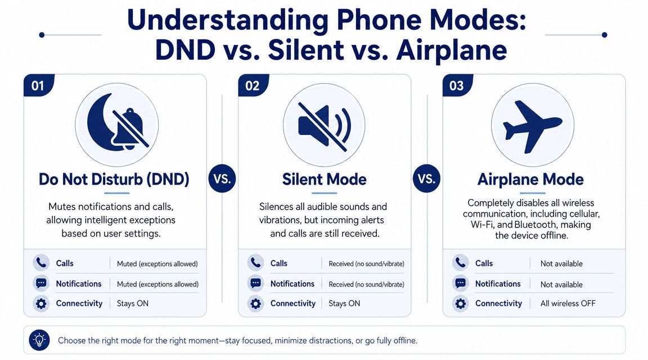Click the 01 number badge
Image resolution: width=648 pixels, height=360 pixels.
[38, 86]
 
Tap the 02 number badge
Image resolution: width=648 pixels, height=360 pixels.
[253, 86]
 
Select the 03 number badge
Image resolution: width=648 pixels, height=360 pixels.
[457, 86]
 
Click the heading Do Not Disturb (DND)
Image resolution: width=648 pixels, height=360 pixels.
[114, 179]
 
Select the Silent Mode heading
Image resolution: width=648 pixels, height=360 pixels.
[324, 179]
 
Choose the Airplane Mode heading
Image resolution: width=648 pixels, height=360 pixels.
[530, 179]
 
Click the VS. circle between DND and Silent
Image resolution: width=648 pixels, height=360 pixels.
[222, 179]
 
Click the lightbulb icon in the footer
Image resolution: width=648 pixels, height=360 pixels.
[39, 340]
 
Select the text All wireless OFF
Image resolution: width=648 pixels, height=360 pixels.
[568, 304]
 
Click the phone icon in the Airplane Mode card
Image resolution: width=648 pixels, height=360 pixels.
[460, 263]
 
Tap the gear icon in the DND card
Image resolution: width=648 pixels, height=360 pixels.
[40, 304]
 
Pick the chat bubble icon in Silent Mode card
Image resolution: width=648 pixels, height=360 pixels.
[255, 283]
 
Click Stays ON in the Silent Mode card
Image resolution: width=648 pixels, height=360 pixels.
[344, 304]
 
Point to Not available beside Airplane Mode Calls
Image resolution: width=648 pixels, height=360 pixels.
[561, 264]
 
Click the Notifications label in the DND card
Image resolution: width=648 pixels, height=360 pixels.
[79, 284]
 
